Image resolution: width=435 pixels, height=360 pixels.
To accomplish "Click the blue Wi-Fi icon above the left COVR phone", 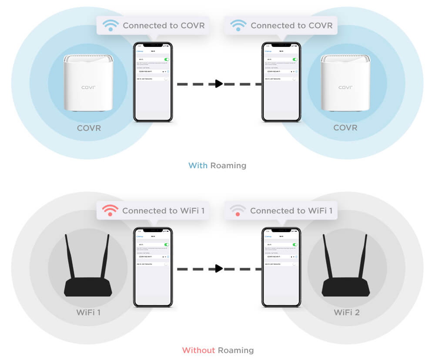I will pyautogui.click(x=110, y=25).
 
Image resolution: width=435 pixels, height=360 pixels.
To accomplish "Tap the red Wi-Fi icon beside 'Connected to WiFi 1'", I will pyautogui.click(x=110, y=211).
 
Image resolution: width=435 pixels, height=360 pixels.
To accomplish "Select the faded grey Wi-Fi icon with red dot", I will pyautogui.click(x=238, y=211).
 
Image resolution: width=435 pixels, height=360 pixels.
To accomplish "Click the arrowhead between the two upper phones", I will pyautogui.click(x=219, y=83).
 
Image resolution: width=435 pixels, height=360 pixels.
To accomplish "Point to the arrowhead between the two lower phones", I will pyautogui.click(x=219, y=269).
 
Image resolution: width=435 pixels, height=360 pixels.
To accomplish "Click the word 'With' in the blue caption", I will pyautogui.click(x=198, y=166).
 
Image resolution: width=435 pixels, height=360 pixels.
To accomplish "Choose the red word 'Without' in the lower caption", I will pyautogui.click(x=198, y=350).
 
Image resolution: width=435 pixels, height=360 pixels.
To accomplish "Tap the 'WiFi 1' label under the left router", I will pyautogui.click(x=89, y=312).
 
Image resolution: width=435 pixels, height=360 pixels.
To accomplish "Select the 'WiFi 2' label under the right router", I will pyautogui.click(x=347, y=312).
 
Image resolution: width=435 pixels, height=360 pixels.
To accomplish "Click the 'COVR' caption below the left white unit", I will pyautogui.click(x=89, y=128).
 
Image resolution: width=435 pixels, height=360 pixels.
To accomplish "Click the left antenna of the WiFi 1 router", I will pyautogui.click(x=70, y=257).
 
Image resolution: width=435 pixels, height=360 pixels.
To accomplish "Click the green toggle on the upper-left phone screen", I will pyautogui.click(x=167, y=59).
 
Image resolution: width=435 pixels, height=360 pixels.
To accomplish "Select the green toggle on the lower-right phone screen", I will pyautogui.click(x=295, y=245).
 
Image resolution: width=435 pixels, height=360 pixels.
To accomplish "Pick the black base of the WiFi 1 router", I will pyautogui.click(x=89, y=288).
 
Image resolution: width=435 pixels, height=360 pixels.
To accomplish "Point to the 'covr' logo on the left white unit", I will pyautogui.click(x=88, y=87).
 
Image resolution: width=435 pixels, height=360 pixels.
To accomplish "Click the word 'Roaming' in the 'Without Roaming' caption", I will pyautogui.click(x=236, y=350).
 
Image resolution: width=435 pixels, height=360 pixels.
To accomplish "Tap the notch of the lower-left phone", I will pyautogui.click(x=153, y=230).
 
